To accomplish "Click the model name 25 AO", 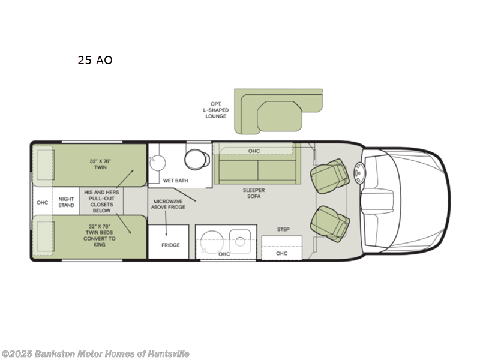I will click(x=95, y=60).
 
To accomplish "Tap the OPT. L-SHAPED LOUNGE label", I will click(x=216, y=109).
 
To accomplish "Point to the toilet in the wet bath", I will click(x=197, y=159).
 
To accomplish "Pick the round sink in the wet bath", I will click(x=157, y=161).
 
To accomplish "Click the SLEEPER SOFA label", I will click(x=253, y=194).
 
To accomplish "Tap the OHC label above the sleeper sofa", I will click(x=254, y=151).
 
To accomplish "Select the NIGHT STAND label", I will click(x=67, y=202).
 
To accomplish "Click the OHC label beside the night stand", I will click(x=42, y=202).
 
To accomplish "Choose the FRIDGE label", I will click(x=170, y=245).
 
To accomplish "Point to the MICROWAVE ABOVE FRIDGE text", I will click(x=169, y=204).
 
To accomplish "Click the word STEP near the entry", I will click(x=283, y=229).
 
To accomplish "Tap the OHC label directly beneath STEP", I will click(x=282, y=253).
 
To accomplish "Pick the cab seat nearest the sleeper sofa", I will click(x=329, y=175).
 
